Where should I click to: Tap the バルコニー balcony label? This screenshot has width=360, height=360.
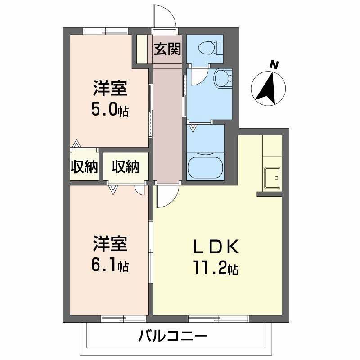[x=173, y=335]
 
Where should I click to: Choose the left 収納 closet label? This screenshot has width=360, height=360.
[x=84, y=167]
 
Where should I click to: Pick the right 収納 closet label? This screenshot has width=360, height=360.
[x=126, y=167]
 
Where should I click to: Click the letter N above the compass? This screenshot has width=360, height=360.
[x=273, y=65]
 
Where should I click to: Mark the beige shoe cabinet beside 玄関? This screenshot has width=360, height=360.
[x=142, y=48]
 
